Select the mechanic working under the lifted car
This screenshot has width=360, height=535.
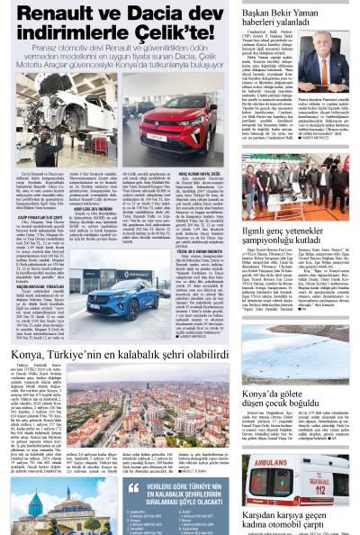54,136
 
